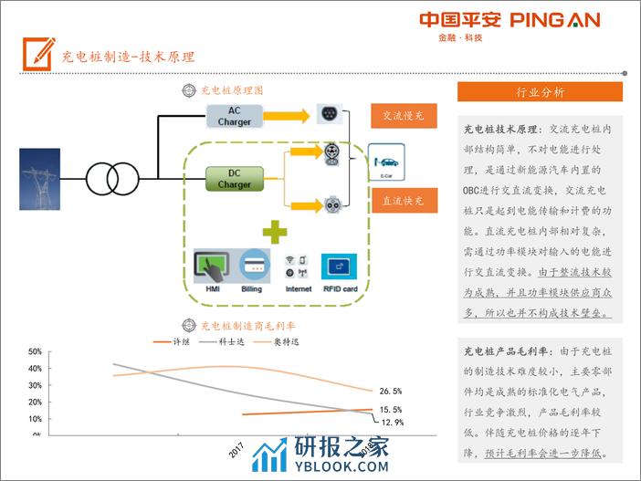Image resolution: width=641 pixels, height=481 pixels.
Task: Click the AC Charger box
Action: click(234, 116)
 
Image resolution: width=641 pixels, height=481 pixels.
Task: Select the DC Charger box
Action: click(234, 178)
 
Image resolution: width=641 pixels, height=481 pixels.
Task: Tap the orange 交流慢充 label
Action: click(403, 117)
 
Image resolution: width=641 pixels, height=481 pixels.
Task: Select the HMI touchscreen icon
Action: click(213, 267)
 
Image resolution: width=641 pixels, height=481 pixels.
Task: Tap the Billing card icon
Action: click(252, 267)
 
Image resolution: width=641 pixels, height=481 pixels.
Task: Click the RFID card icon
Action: click(340, 267)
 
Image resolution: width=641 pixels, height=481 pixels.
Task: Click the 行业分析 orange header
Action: click(540, 92)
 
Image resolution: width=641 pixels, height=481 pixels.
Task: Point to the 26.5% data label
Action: click(391, 391)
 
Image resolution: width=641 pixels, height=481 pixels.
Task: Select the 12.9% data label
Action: click(392, 423)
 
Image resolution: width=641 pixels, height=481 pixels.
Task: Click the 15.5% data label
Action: click(391, 410)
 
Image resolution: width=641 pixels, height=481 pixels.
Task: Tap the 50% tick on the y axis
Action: click(35, 351)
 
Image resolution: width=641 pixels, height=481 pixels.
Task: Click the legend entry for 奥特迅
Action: click(287, 341)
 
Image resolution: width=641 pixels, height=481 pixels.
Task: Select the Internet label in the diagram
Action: click(299, 288)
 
